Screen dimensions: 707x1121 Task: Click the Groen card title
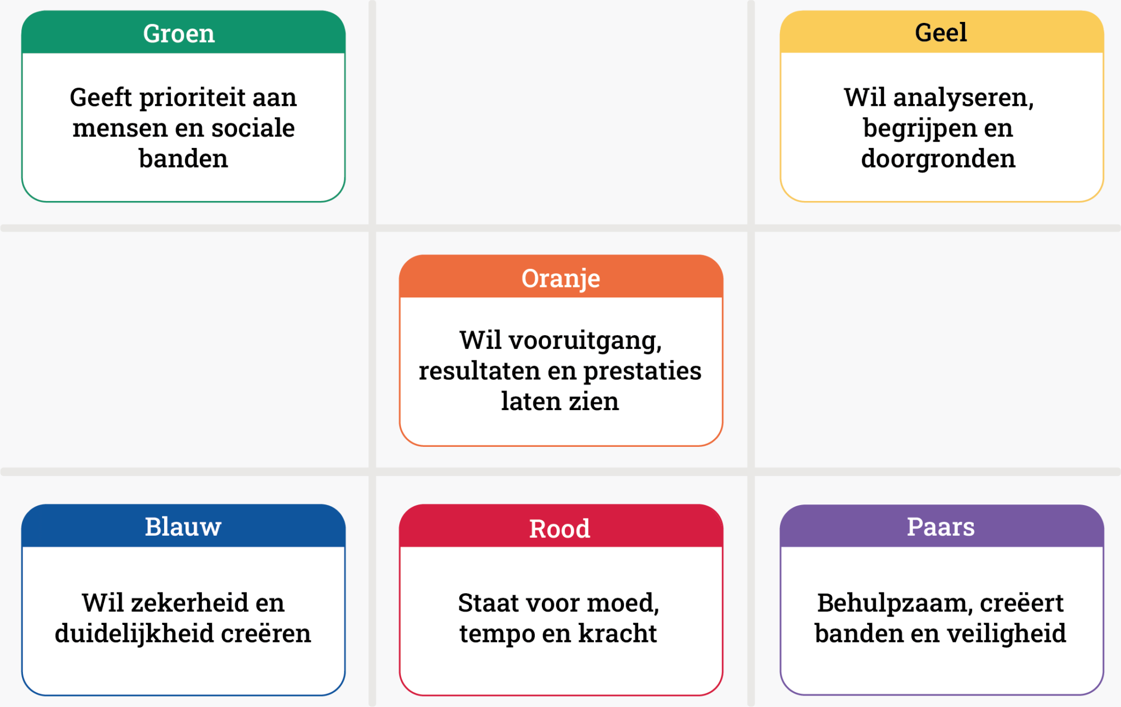[179, 33]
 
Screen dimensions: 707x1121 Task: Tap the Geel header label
[941, 32]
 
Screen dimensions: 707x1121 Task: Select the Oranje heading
[560, 278]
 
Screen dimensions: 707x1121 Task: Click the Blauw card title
[183, 526]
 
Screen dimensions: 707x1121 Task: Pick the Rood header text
[559, 528]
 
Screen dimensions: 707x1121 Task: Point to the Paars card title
[940, 526]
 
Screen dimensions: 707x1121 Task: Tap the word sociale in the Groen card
[253, 128]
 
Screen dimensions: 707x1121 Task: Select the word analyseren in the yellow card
[963, 98]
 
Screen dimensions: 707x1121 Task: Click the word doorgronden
[938, 159]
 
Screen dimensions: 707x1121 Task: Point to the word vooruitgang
[585, 341]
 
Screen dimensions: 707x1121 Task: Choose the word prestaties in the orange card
[642, 371]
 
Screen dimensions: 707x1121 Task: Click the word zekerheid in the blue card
[190, 603]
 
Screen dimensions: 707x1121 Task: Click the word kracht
[617, 634]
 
